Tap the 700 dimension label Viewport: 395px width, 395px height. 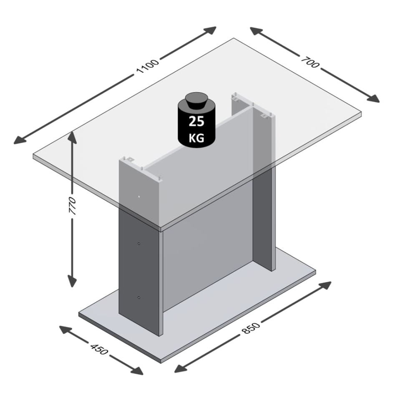point(309,63)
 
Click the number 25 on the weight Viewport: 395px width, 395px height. point(196,122)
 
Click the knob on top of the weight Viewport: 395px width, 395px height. point(196,100)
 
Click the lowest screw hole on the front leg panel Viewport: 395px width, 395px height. point(139,297)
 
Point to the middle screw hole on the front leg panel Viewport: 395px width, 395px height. point(139,243)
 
